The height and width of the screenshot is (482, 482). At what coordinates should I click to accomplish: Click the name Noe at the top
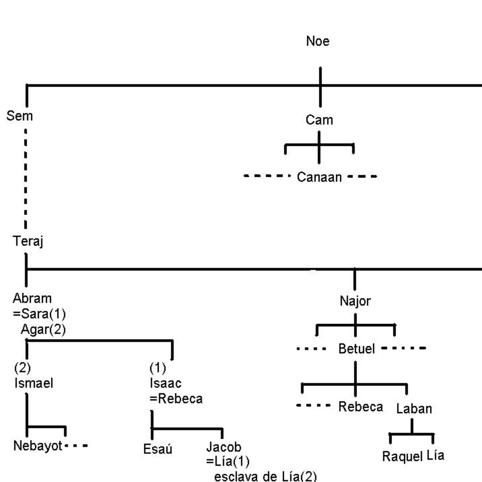[x=318, y=41]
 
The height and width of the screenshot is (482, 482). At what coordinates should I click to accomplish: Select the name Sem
[x=20, y=116]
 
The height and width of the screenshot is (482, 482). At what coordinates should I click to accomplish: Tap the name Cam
[x=319, y=120]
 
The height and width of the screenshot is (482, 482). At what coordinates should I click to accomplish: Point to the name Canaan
[x=319, y=177]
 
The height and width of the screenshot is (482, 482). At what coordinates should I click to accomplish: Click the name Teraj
[x=28, y=241]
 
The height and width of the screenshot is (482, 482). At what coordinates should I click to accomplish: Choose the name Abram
[x=32, y=298]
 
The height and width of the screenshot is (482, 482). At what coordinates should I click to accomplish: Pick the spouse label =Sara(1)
[x=39, y=314]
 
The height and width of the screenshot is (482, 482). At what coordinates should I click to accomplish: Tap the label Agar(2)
[x=43, y=329]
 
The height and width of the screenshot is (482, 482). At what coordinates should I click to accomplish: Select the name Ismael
[x=34, y=383]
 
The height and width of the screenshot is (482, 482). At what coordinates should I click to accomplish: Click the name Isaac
[x=165, y=383]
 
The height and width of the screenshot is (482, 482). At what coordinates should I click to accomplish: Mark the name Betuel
[x=356, y=349]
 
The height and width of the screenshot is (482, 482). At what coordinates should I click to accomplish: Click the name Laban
[x=414, y=409]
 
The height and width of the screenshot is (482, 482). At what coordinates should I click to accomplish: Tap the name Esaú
[x=158, y=449]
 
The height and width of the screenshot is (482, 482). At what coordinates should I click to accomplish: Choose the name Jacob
[x=224, y=447]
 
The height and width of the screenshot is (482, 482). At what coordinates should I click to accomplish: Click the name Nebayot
[x=38, y=446]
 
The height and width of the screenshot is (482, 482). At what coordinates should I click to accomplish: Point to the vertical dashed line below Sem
[x=26, y=179]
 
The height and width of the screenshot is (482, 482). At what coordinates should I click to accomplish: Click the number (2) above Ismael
[x=22, y=368]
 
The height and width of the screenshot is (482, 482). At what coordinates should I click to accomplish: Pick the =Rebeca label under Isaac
[x=176, y=399]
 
